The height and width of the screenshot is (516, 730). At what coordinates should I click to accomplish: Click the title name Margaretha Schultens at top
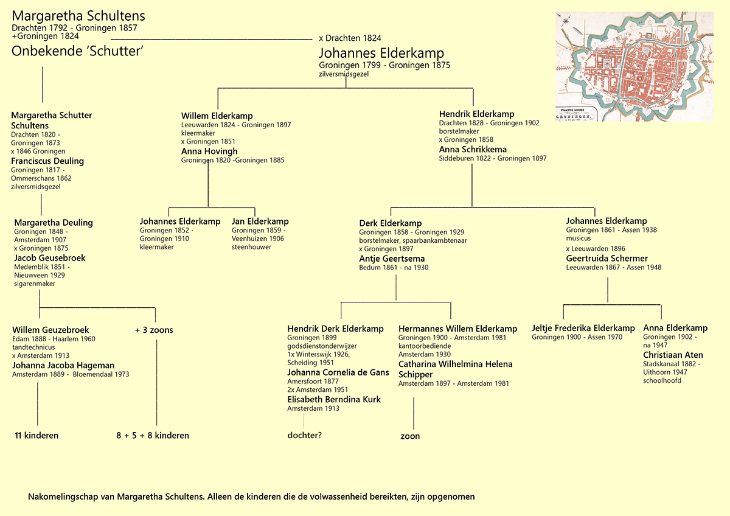(x=78, y=16)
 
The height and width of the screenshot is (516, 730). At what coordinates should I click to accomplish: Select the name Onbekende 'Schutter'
(x=77, y=52)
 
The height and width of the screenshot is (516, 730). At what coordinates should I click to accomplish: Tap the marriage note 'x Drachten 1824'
(x=350, y=38)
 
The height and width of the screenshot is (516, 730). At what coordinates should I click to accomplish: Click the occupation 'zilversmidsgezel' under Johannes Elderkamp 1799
(x=344, y=74)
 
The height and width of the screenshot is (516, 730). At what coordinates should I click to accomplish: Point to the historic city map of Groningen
(x=634, y=66)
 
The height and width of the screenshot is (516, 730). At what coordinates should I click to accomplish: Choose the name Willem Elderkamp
(x=217, y=116)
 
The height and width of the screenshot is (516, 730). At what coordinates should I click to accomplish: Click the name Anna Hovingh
(x=209, y=151)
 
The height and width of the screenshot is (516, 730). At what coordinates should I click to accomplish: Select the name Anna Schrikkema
(x=473, y=149)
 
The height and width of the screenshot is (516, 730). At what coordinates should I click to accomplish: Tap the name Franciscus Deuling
(x=47, y=161)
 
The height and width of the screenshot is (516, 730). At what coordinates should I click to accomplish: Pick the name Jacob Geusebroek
(x=49, y=257)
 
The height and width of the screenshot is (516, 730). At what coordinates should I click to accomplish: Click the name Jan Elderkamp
(x=260, y=221)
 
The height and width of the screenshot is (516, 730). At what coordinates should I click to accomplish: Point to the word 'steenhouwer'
(x=251, y=247)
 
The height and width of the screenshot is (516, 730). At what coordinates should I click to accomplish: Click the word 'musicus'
(x=578, y=239)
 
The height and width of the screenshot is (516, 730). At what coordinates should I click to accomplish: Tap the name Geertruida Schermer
(x=607, y=258)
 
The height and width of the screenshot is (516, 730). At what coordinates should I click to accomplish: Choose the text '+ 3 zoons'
(x=154, y=330)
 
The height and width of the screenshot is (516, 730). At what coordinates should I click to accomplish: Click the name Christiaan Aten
(x=673, y=355)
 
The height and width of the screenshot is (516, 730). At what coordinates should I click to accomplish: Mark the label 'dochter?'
(x=304, y=435)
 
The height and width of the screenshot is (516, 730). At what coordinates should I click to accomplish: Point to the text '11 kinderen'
(x=36, y=435)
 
